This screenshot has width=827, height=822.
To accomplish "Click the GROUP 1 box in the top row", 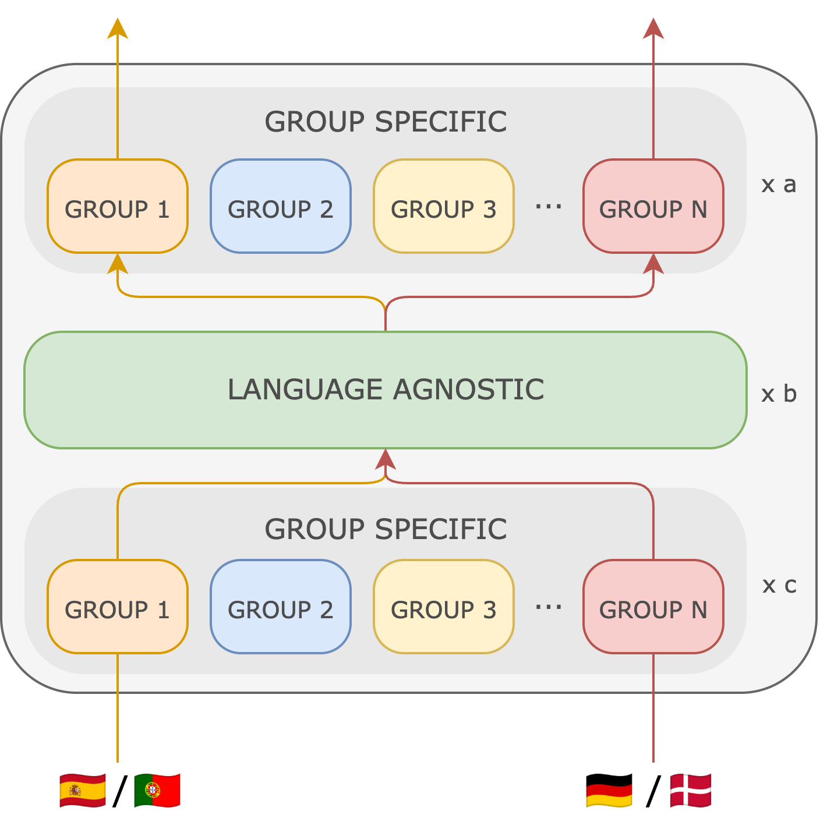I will pyautogui.click(x=117, y=206).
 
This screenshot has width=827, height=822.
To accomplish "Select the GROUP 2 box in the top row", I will pyautogui.click(x=280, y=206).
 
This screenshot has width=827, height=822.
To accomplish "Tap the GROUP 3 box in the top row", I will pyautogui.click(x=443, y=206).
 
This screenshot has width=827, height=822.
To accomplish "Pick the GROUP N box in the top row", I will pyautogui.click(x=653, y=206).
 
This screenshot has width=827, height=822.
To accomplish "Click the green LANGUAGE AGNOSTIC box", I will pyautogui.click(x=385, y=389).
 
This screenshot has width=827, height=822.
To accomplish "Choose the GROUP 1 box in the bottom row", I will pyautogui.click(x=117, y=607).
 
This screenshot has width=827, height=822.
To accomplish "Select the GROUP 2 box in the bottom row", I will pyautogui.click(x=280, y=607).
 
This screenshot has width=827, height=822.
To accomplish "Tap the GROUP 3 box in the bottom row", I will pyautogui.click(x=443, y=607).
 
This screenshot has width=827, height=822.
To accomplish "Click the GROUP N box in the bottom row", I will pyautogui.click(x=653, y=607).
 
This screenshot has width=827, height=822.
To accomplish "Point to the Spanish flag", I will pyautogui.click(x=83, y=790).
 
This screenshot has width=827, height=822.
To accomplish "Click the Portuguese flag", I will pyautogui.click(x=157, y=790).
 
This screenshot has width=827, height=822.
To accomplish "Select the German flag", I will pyautogui.click(x=609, y=791).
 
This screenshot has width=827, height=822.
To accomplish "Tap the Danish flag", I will pyautogui.click(x=691, y=790).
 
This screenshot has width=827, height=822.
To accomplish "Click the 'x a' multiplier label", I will pyautogui.click(x=779, y=185).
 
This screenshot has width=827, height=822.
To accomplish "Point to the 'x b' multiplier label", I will pyautogui.click(x=779, y=394).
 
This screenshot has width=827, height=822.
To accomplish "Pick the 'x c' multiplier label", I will pyautogui.click(x=779, y=585).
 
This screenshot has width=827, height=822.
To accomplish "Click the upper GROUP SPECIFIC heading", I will pyautogui.click(x=386, y=122).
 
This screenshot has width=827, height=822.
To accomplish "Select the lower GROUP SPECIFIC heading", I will pyautogui.click(x=386, y=529).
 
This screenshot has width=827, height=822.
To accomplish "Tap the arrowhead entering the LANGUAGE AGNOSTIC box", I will pyautogui.click(x=386, y=459).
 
